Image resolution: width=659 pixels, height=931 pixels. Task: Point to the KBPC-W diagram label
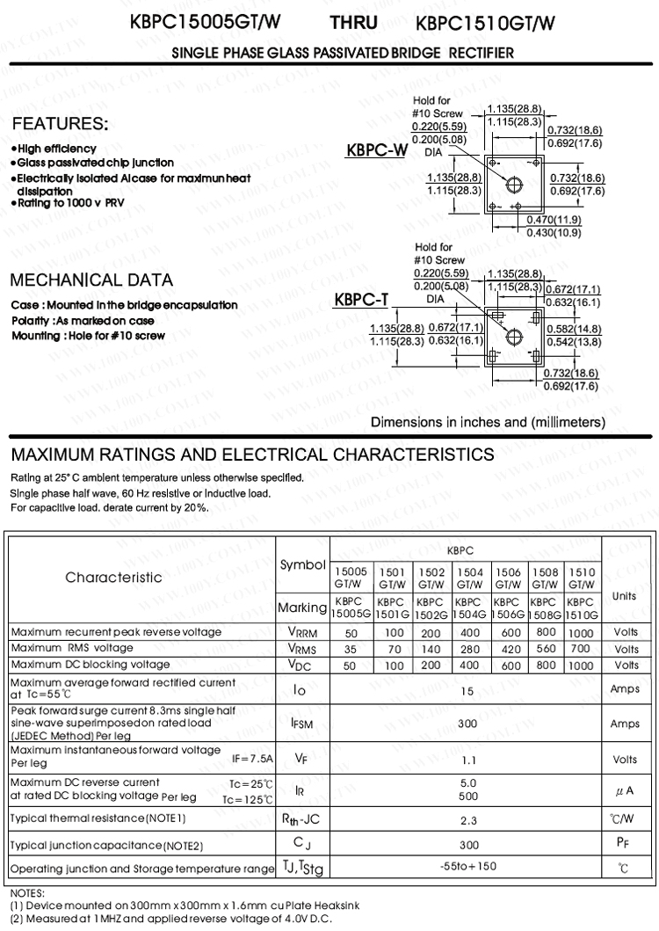click(x=377, y=150)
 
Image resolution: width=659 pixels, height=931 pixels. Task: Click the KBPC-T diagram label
click(x=361, y=302)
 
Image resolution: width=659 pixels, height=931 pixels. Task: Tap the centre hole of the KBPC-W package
click(x=515, y=183)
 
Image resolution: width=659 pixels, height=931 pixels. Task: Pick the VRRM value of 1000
click(x=580, y=633)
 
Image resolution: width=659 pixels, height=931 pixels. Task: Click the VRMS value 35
click(x=350, y=649)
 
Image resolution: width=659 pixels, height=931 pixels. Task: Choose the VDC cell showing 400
click(x=469, y=666)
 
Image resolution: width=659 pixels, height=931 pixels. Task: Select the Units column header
click(x=624, y=595)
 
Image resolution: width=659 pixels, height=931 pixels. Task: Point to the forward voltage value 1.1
click(x=468, y=760)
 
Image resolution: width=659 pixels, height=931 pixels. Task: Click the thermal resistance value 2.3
click(x=468, y=820)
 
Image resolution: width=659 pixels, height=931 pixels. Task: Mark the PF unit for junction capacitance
click(x=625, y=845)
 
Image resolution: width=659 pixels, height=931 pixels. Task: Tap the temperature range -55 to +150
click(x=468, y=867)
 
